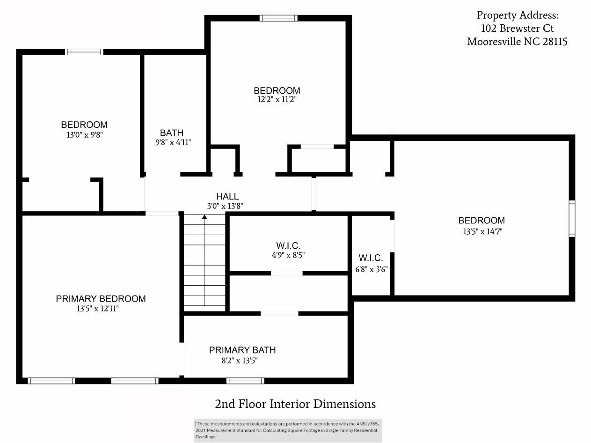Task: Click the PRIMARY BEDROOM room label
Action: coord(101,299)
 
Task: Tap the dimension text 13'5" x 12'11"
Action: coord(101,309)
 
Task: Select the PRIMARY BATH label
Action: coord(242,350)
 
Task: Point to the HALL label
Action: coord(227,197)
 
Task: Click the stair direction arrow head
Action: coord(204,217)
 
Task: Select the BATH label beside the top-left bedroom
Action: coord(172,133)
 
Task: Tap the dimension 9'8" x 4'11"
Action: coord(173,142)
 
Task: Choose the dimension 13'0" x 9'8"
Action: coord(84,134)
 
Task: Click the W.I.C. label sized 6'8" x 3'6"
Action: coord(371,258)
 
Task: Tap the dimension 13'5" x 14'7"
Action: coord(482,231)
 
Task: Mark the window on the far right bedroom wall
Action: coord(572,219)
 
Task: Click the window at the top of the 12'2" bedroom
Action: coord(278,18)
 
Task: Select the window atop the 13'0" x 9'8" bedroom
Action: coord(84,52)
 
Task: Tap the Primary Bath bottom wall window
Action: coord(245,381)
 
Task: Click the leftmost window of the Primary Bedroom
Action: coord(51,381)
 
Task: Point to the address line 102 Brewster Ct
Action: coord(517,29)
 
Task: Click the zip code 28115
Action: coord(555,42)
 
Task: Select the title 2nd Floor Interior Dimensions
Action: coord(295,404)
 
